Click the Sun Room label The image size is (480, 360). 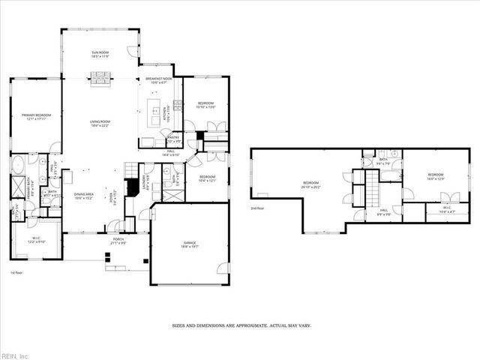[x=100, y=54]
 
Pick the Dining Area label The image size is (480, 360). [x=83, y=198]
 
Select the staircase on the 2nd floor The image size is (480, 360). [x=370, y=187]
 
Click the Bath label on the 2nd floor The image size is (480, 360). [x=382, y=161]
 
